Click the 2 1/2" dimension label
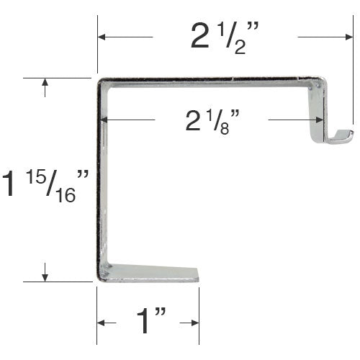225,36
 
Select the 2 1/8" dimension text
210,120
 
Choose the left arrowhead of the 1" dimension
102,323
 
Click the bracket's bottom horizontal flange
151,274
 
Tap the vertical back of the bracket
102,180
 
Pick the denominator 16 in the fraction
68,195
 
